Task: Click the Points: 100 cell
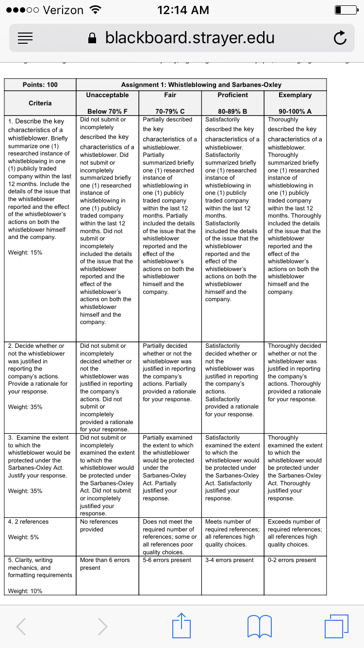(x=40, y=85)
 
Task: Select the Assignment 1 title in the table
(x=201, y=85)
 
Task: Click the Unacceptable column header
(x=107, y=95)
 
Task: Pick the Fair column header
(x=170, y=95)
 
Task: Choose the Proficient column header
(x=232, y=95)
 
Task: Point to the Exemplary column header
(x=295, y=95)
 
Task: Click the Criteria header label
(x=40, y=103)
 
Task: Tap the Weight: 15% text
(x=25, y=253)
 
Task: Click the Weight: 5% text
(x=23, y=537)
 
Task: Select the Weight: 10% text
(x=25, y=591)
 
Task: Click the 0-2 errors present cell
(x=292, y=560)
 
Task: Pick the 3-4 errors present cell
(x=229, y=560)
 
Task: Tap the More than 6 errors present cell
(x=105, y=563)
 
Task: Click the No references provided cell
(x=99, y=525)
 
